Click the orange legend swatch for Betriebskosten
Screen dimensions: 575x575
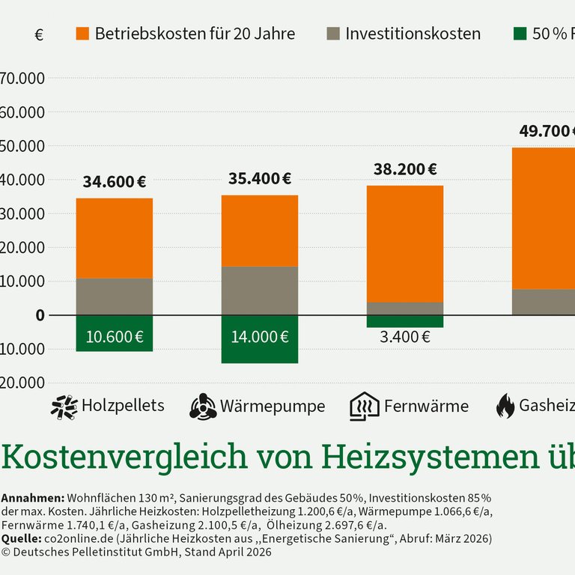[x=82, y=34]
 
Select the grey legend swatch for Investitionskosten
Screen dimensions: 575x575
[x=333, y=34]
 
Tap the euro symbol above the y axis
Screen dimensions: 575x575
[x=39, y=35]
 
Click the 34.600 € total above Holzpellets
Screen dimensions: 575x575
[x=114, y=182]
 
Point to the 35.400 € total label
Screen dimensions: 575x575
[x=260, y=179]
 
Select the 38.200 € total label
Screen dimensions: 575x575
[x=405, y=170]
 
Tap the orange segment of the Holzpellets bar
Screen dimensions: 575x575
[x=114, y=238]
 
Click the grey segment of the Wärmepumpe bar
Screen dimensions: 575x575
[x=260, y=290]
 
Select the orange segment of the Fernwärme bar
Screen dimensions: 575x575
[x=405, y=243]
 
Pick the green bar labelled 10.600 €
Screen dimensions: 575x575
[x=114, y=334]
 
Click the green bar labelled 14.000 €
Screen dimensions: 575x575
[x=260, y=339]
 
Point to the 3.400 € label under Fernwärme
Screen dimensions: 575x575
[x=405, y=337]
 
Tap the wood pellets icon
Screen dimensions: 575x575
[x=64, y=407]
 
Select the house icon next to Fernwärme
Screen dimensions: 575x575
[x=365, y=407]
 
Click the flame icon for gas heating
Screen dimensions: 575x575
[x=505, y=407]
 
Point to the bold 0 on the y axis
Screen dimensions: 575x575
[x=40, y=315]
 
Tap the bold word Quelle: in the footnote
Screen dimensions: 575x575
[x=22, y=538]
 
